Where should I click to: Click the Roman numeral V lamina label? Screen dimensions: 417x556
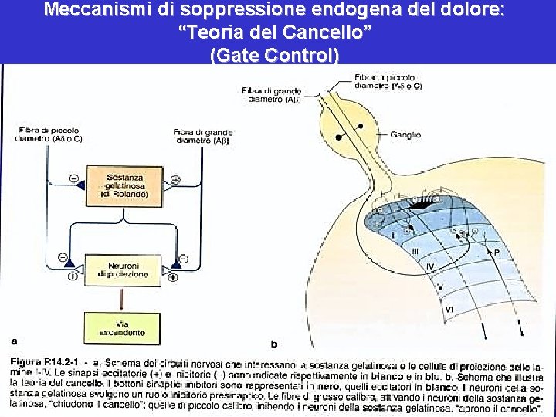click(x=440, y=286)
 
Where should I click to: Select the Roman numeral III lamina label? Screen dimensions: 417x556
click(x=414, y=251)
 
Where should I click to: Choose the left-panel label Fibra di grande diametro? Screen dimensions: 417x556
click(x=203, y=137)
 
